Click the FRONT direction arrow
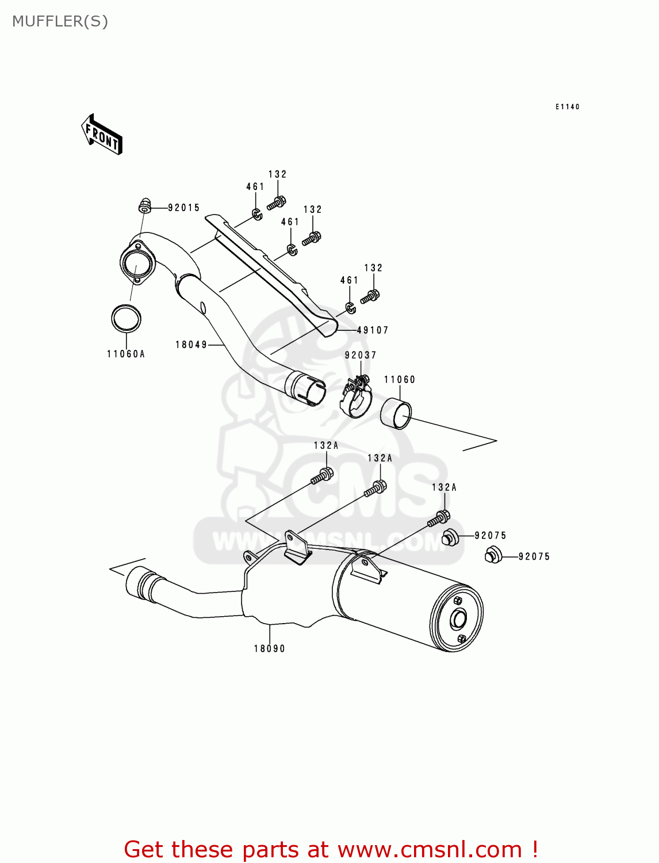click(102, 135)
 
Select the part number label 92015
click(184, 208)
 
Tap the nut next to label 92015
click(145, 204)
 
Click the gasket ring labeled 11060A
click(126, 318)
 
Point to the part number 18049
click(191, 345)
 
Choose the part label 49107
click(373, 330)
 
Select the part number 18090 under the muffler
click(270, 648)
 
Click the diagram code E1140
click(568, 106)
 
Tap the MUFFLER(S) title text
click(60, 21)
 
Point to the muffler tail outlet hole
click(458, 620)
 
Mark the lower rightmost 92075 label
click(534, 556)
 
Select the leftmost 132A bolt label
click(326, 445)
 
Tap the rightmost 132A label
click(445, 487)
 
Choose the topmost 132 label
click(278, 174)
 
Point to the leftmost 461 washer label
click(255, 187)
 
